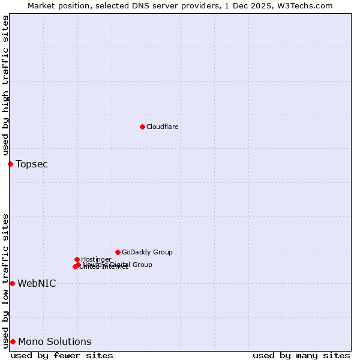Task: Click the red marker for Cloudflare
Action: pyautogui.click(x=142, y=127)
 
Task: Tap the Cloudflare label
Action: pyautogui.click(x=163, y=127)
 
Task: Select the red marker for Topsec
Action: pyautogui.click(x=10, y=164)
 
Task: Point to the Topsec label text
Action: pyautogui.click(x=32, y=164)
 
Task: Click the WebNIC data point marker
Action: pyautogui.click(x=12, y=283)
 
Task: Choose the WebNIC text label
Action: pyautogui.click(x=37, y=283)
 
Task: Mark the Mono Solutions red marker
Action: pyautogui.click(x=13, y=341)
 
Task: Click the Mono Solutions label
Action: pyautogui.click(x=55, y=341)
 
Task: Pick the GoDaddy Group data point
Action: pyautogui.click(x=118, y=252)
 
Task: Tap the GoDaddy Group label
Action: pyautogui.click(x=147, y=252)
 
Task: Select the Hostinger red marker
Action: pyautogui.click(x=77, y=259)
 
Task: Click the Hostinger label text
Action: pyautogui.click(x=96, y=259)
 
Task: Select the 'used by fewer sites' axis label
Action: pyautogui.click(x=62, y=355)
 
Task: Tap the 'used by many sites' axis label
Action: pyautogui.click(x=301, y=355)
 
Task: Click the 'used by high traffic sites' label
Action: pyautogui.click(x=5, y=86)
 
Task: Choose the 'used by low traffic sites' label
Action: pyautogui.click(x=5, y=280)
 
